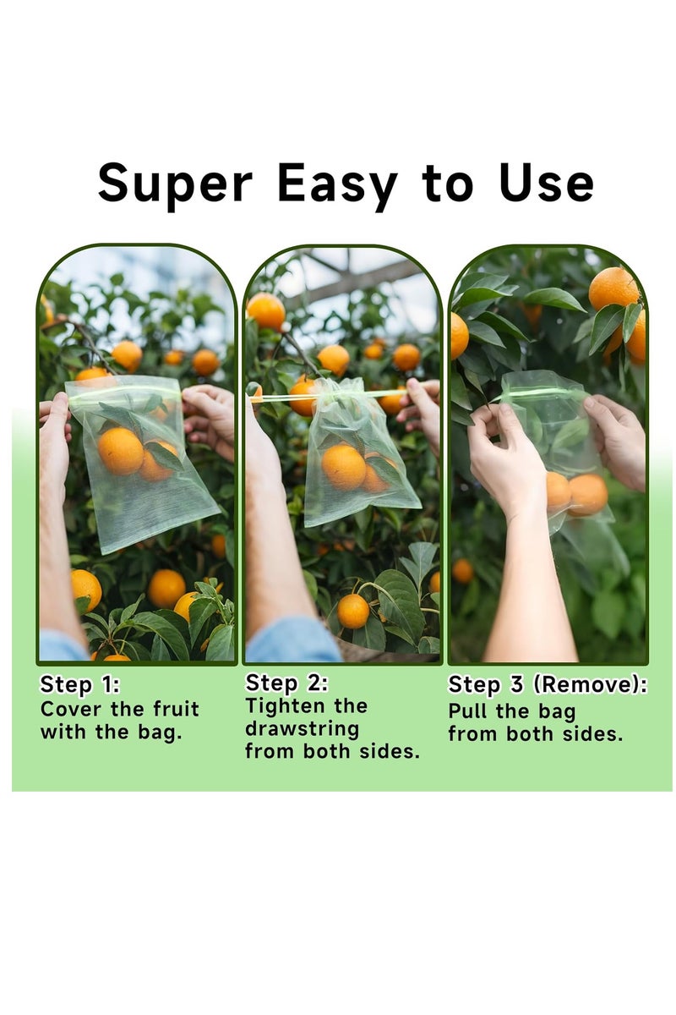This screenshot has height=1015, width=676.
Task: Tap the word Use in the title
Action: tap(546, 183)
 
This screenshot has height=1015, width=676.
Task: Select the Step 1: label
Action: tap(80, 684)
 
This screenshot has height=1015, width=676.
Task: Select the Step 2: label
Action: tap(286, 683)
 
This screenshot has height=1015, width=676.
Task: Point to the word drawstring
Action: tap(302, 728)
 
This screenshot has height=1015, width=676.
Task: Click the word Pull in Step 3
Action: tap(468, 710)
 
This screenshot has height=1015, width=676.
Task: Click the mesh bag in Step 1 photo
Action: tap(139, 469)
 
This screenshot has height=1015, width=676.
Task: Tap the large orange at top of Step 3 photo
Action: tap(613, 288)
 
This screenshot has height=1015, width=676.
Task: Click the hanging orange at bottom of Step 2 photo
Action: tap(352, 611)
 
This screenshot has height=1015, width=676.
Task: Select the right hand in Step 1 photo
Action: tap(210, 419)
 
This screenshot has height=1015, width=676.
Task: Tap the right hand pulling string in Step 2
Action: tap(422, 406)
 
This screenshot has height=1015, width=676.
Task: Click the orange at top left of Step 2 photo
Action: tap(266, 310)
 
